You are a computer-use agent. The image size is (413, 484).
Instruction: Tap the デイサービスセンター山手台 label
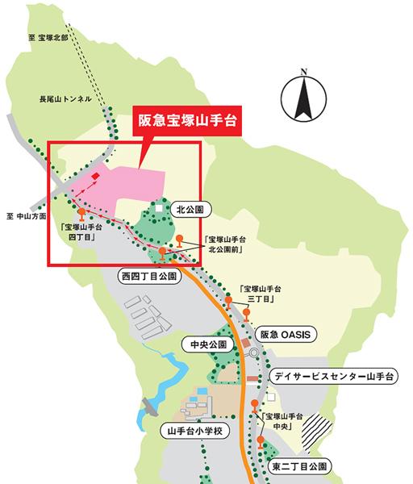[x=332, y=376]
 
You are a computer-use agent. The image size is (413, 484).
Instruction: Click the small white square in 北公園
[x=161, y=209]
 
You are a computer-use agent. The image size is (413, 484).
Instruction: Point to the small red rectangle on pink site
[x=95, y=176]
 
